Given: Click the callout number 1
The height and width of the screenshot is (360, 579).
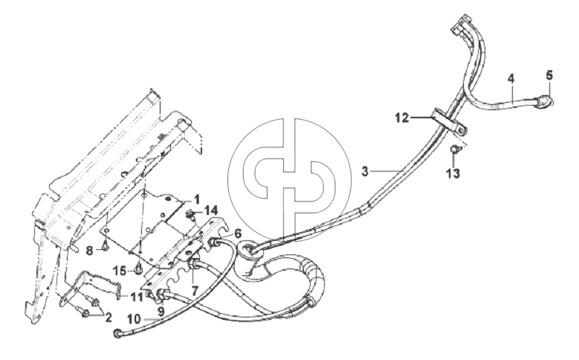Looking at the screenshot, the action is pyautogui.click(x=197, y=199).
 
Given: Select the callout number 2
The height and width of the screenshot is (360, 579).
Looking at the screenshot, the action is pyautogui.click(x=109, y=318).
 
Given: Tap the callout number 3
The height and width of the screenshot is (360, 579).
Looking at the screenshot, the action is pyautogui.click(x=365, y=172).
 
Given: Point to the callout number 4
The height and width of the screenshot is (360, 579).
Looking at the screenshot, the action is pyautogui.click(x=511, y=78).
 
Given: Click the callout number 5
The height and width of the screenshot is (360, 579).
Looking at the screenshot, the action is pyautogui.click(x=549, y=76).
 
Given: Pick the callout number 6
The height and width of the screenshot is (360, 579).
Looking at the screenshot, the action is pyautogui.click(x=237, y=234).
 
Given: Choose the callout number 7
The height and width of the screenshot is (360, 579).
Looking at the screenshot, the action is pyautogui.click(x=195, y=288).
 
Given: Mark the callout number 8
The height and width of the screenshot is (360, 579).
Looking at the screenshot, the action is pyautogui.click(x=89, y=251).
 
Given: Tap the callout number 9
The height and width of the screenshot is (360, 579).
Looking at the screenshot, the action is pyautogui.click(x=161, y=312).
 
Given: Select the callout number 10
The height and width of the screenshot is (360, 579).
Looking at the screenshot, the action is pyautogui.click(x=135, y=318).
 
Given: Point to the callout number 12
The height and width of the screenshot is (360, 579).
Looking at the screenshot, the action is pyautogui.click(x=402, y=118).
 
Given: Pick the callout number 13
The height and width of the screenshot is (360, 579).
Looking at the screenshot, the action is pyautogui.click(x=453, y=173).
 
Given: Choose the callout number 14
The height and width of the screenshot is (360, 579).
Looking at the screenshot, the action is pyautogui.click(x=212, y=211).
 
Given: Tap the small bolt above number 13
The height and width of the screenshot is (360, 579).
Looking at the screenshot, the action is pyautogui.click(x=455, y=149).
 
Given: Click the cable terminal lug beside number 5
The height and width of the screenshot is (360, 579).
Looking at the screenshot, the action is pyautogui.click(x=545, y=101).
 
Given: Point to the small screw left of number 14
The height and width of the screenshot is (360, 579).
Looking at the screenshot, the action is pyautogui.click(x=191, y=214).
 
